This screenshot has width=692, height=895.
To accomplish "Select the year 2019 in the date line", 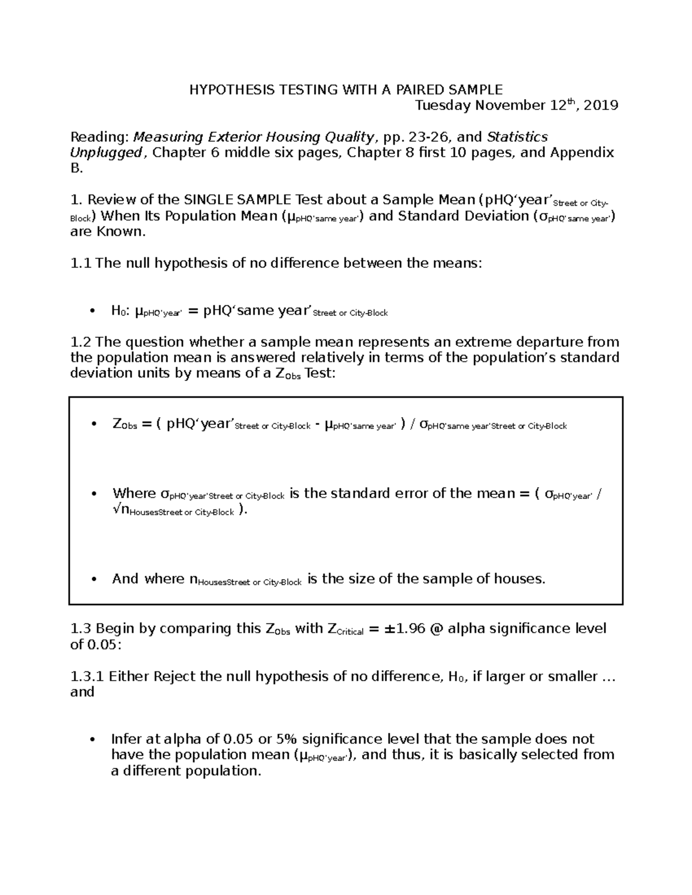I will click(601, 105).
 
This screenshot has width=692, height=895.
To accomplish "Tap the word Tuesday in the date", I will click(442, 105).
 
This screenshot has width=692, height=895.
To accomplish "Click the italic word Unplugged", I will click(106, 153).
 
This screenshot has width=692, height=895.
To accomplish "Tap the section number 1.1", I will click(81, 263).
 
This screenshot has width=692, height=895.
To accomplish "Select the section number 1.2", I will click(81, 342).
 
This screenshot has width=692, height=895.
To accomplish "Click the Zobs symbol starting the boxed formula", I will click(124, 425).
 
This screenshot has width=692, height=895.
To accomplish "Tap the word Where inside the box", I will click(134, 493).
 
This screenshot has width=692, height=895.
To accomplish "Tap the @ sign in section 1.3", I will click(436, 628).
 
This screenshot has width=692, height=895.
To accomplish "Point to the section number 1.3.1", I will click(86, 677).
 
